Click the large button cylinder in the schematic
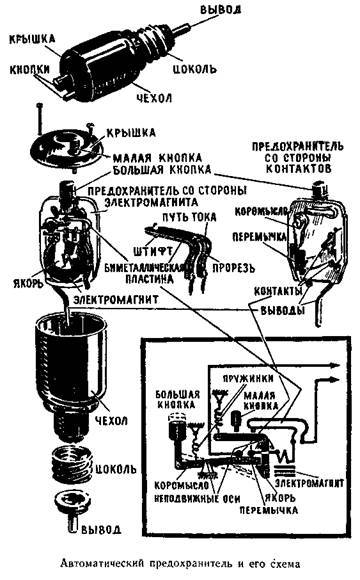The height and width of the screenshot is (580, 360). click(181, 424)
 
